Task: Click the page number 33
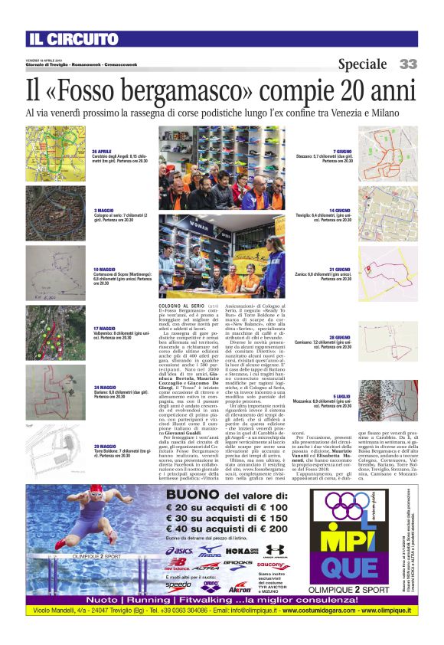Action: [408, 64]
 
